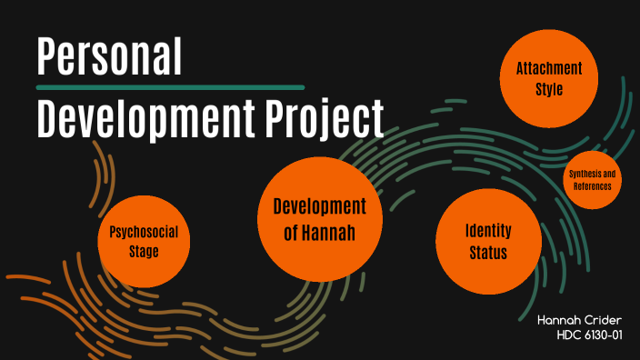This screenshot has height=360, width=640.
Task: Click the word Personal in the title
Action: coord(109,56)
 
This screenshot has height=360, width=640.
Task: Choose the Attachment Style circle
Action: coord(549,79)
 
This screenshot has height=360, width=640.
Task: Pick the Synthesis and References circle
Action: coord(592,179)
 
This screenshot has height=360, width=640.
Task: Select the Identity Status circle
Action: coord(487,241)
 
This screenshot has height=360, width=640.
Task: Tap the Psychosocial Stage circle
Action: coord(143,242)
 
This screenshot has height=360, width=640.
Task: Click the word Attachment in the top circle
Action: coord(549,69)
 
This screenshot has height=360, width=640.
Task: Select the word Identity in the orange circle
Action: coord(488,231)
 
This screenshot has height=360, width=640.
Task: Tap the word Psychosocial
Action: coord(143,233)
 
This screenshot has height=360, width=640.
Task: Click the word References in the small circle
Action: coord(592,185)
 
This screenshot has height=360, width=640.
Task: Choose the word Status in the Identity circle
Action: coord(488,252)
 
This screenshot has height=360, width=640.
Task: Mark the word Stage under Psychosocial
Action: coord(143,252)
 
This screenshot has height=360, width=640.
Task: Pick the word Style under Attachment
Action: coord(549,89)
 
